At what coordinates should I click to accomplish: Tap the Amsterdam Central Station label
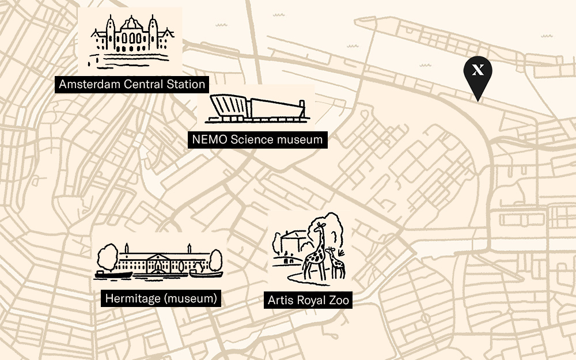click(x=132, y=85)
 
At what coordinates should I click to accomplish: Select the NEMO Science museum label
click(x=257, y=139)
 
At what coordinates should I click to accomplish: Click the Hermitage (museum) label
click(x=161, y=298)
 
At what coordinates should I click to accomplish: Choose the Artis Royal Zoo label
click(x=308, y=300)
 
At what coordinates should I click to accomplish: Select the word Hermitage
click(x=130, y=298)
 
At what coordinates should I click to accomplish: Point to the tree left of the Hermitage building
click(x=108, y=256)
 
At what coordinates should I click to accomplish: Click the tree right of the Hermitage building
click(x=215, y=259)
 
